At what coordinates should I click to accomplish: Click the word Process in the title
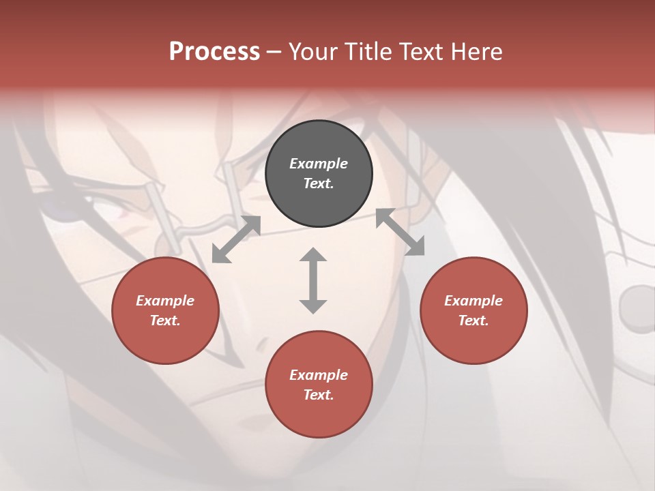(x=214, y=52)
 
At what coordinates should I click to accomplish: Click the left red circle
(x=165, y=311)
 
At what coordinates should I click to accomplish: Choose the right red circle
(x=474, y=311)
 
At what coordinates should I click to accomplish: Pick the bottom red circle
(x=319, y=385)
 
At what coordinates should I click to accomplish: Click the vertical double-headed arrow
(x=313, y=280)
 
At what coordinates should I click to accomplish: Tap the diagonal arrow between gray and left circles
(x=236, y=239)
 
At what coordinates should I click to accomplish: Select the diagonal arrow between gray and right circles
(x=401, y=232)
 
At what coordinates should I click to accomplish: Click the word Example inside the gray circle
(x=319, y=164)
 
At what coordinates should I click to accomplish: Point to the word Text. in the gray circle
(x=319, y=183)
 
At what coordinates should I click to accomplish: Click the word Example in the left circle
(x=165, y=301)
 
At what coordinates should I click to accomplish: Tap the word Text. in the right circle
(x=474, y=321)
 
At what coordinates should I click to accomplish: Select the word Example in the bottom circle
(x=319, y=375)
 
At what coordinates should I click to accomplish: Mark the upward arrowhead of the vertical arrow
(x=313, y=255)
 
